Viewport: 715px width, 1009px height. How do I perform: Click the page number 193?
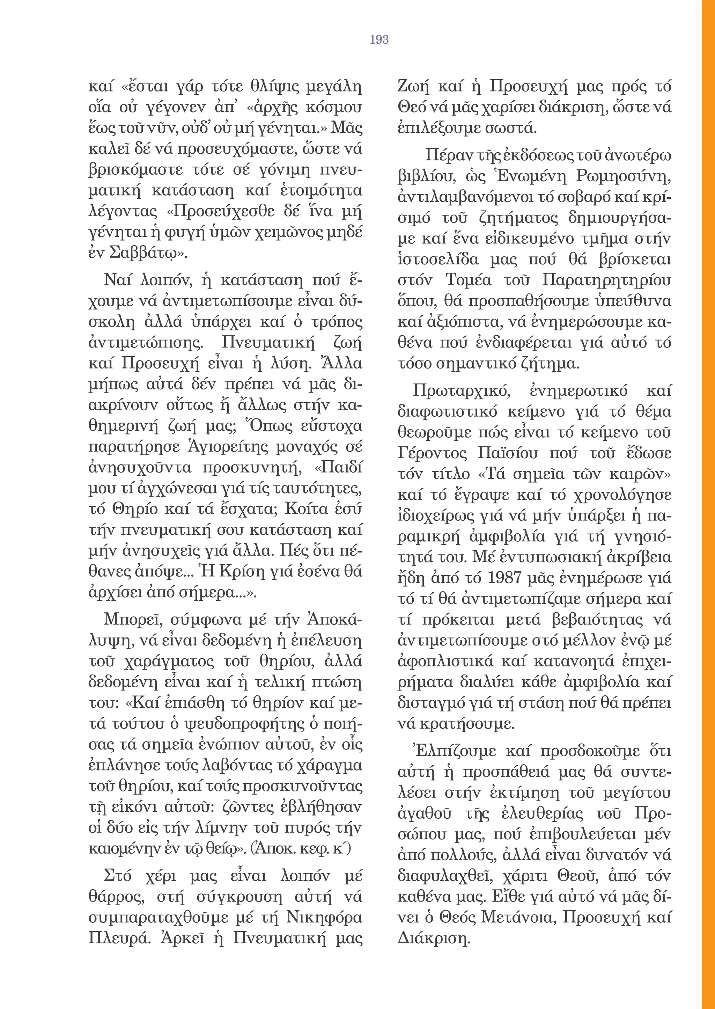point(379,39)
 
